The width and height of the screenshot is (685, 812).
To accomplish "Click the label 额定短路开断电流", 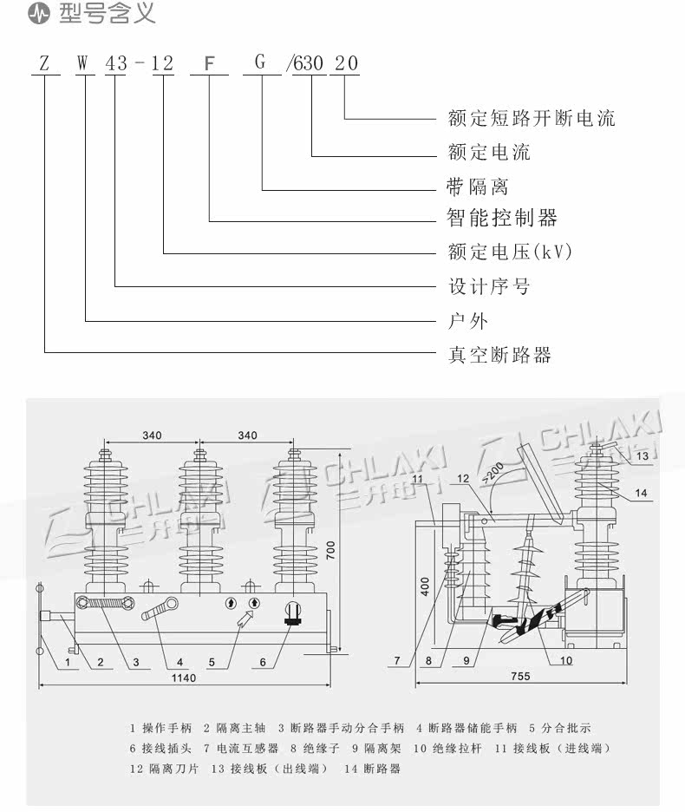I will click(532, 118).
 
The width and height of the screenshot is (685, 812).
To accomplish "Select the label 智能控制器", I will click(502, 218).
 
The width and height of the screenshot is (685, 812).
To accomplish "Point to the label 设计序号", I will click(488, 286).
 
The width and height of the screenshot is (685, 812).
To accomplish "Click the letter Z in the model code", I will click(42, 63).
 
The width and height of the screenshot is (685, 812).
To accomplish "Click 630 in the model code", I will click(310, 63).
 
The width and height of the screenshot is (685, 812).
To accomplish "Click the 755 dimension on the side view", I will click(520, 677).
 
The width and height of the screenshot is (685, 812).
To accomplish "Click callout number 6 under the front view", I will click(263, 663).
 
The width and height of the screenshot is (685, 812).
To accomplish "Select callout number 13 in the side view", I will click(642, 455).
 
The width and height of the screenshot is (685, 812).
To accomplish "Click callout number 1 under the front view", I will click(66, 663).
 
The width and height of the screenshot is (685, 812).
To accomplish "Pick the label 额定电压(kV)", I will click(510, 252).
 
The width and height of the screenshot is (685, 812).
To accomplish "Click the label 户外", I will click(468, 321).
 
